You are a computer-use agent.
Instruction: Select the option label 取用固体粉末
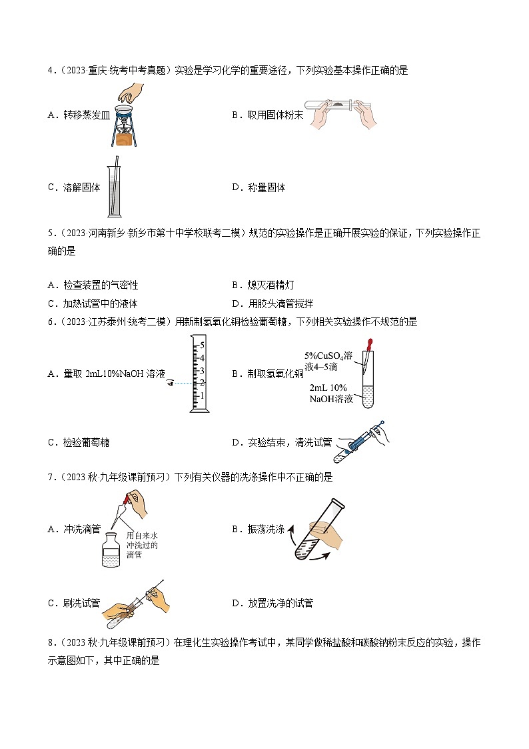coord(272,115)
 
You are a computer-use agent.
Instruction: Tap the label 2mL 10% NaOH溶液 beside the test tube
coord(332,394)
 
